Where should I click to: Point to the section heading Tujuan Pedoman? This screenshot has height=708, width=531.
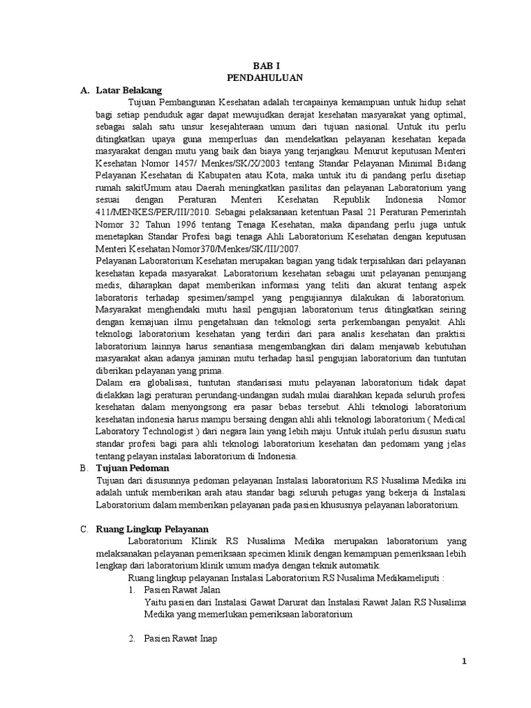click(x=131, y=468)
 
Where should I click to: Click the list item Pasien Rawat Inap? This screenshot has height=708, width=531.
click(x=180, y=639)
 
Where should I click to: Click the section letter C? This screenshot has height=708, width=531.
click(x=84, y=529)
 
